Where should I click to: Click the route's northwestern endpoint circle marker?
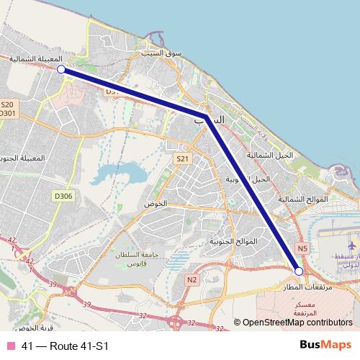tap(62, 69)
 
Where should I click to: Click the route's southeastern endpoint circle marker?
tap(300, 271)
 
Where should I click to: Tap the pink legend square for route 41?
tap(10, 346)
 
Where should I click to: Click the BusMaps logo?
tap(325, 346)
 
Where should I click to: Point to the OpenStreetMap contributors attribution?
tap(297, 323)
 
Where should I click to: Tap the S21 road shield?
tap(182, 158)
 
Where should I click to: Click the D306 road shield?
tap(63, 195)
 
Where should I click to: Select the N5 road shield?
tap(302, 248)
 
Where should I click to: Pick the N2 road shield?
tap(191, 279)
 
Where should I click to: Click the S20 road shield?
tap(7, 104)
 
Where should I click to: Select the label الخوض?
tap(156, 204)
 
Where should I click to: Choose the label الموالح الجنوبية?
tap(232, 241)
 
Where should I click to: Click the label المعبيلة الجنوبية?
tap(26, 158)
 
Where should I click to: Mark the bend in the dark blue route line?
tap(207, 117)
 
